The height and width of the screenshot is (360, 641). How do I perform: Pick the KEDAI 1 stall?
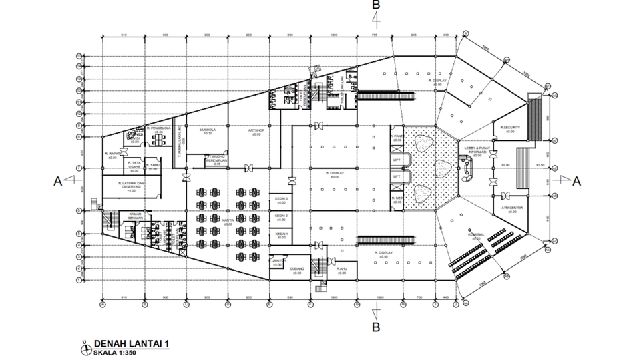click(x=281, y=234)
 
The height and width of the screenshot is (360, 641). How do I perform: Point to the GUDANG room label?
click(x=297, y=269)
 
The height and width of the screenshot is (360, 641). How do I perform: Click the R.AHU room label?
click(x=341, y=268)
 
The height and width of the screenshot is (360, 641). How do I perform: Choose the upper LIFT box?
click(x=396, y=158)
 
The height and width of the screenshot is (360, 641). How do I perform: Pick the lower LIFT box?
click(x=396, y=176)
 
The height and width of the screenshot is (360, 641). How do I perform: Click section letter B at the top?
click(x=377, y=5)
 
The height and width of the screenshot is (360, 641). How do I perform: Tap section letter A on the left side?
click(x=58, y=180)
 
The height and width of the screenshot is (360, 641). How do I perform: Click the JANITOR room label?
click(x=278, y=262)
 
